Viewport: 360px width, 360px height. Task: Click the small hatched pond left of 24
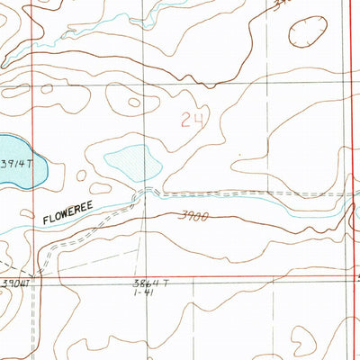coord(132,162)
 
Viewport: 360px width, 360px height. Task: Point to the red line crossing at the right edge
coord(352,277)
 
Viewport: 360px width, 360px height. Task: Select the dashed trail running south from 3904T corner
coord(39,315)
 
